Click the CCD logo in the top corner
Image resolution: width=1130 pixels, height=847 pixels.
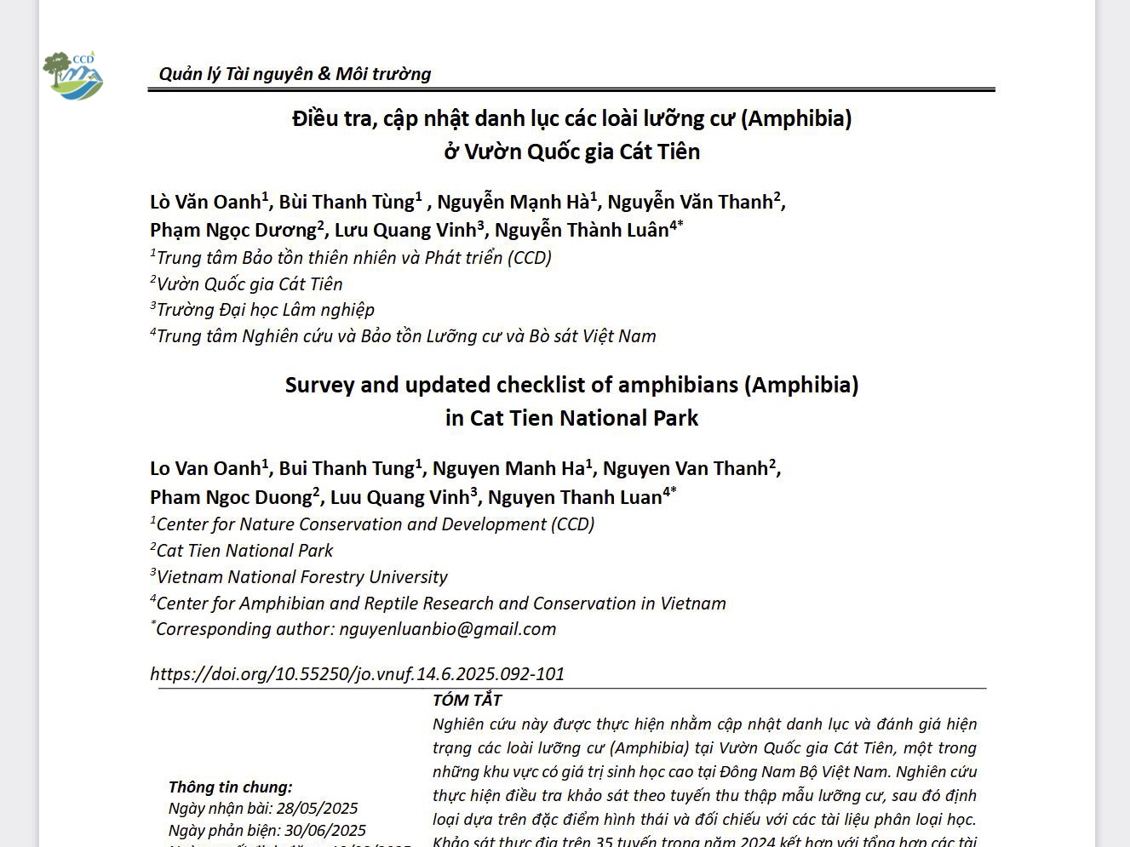coord(73,75)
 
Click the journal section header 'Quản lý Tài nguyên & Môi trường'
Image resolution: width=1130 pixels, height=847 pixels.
coord(295,74)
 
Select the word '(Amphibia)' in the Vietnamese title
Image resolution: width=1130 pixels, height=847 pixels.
coord(796,118)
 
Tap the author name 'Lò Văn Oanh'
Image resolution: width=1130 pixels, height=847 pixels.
coord(205,203)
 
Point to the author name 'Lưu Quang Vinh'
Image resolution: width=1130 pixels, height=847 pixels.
coord(405,231)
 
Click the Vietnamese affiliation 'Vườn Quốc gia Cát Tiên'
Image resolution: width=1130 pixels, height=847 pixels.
coord(250,284)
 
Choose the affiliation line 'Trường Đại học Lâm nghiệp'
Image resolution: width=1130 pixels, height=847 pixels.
coord(265,310)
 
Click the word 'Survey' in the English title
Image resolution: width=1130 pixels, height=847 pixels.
coord(319,386)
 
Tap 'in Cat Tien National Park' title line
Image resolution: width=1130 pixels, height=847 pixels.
coord(571,419)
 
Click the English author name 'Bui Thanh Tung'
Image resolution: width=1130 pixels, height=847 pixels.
coord(347,469)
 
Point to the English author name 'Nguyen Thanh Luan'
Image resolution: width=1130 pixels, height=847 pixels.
coord(575,498)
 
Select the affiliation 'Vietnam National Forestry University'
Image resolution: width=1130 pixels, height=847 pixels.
coord(301,577)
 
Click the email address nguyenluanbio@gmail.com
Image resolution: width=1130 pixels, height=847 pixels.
coord(447,629)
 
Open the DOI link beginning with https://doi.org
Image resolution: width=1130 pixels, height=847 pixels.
coord(357,674)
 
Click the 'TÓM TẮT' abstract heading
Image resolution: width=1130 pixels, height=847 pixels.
coord(467,701)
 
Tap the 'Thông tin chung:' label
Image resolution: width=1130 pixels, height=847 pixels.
coord(230,787)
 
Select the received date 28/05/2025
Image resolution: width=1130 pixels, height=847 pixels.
coord(317,809)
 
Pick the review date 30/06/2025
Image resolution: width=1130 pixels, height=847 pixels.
coord(325,831)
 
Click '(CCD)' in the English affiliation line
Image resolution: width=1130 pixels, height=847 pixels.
coord(572,524)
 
